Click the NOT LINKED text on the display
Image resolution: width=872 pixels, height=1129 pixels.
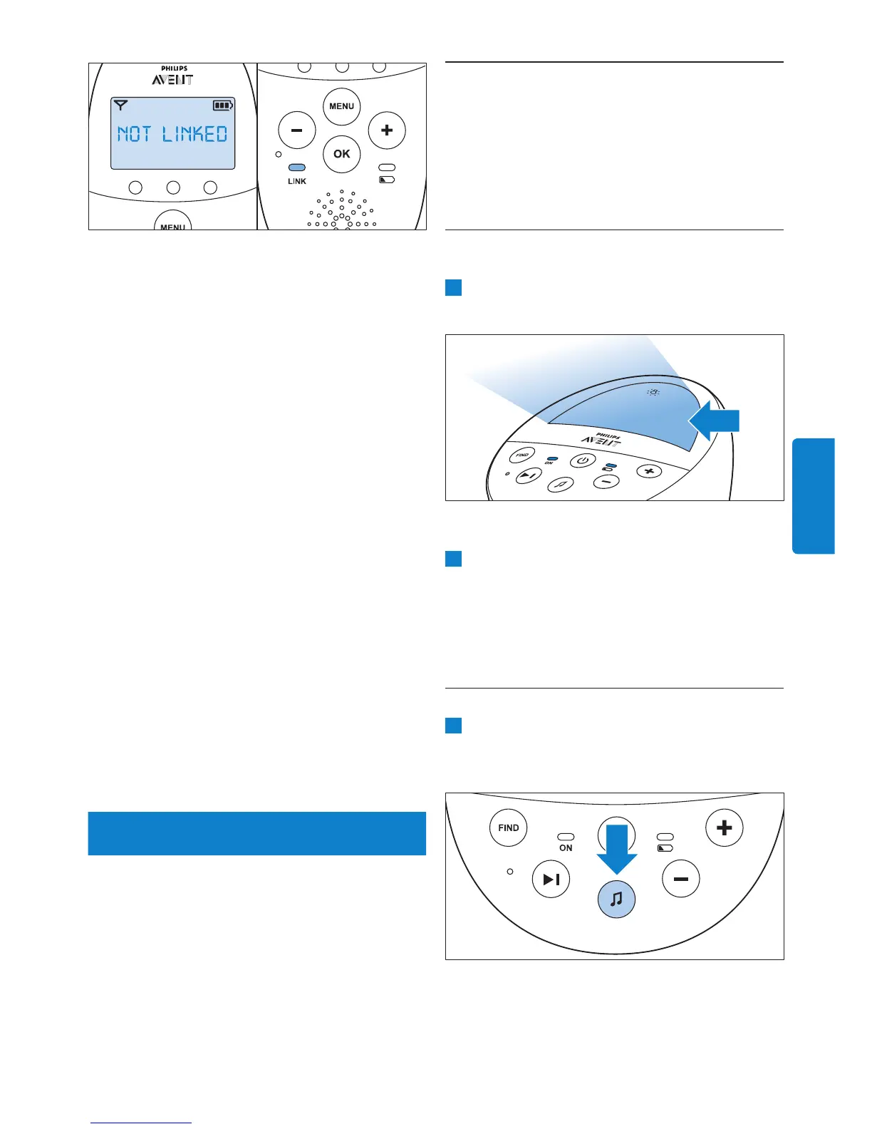click(x=172, y=134)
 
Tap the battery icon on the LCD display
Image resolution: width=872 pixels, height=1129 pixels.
click(x=223, y=105)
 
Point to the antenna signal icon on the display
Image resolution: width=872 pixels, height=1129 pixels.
click(x=121, y=105)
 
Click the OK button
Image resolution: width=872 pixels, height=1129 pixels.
click(x=342, y=154)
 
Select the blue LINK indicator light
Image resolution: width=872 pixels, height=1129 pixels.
click(x=297, y=168)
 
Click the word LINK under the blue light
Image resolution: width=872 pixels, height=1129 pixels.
click(x=297, y=181)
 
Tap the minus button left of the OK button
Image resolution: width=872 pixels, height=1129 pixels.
click(x=296, y=130)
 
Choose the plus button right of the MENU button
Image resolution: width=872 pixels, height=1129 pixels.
click(x=387, y=130)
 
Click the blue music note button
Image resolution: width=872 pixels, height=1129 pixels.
click(x=616, y=899)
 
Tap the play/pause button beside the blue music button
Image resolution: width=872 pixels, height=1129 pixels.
click(x=551, y=880)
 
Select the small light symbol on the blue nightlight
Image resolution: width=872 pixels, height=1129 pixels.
click(x=653, y=392)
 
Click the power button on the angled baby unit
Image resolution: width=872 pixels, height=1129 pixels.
click(x=583, y=460)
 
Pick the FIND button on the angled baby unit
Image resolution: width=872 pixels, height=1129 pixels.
click(x=523, y=454)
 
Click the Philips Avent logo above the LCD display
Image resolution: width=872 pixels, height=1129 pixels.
click(x=172, y=76)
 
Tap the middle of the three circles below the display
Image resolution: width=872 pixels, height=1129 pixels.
click(x=172, y=187)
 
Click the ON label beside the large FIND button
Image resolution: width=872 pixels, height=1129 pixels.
click(x=566, y=848)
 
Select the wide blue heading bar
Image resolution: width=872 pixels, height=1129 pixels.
click(x=256, y=833)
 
